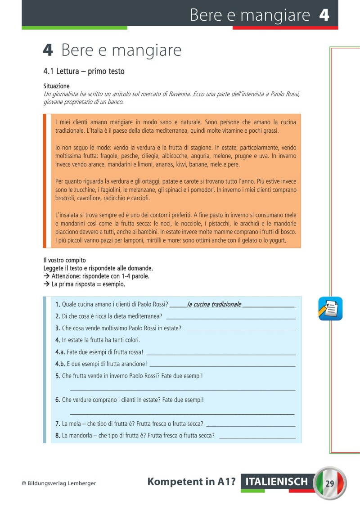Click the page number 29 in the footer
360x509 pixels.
(x=329, y=483)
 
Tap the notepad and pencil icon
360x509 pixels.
(x=330, y=309)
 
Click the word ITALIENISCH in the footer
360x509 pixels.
(x=277, y=482)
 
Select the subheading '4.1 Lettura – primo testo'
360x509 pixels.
(x=84, y=71)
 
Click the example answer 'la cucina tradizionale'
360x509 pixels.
(x=214, y=304)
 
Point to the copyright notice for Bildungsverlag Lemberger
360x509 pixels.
(x=58, y=483)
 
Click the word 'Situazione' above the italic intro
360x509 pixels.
(x=56, y=86)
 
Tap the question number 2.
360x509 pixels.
(x=58, y=316)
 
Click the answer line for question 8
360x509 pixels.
(x=256, y=437)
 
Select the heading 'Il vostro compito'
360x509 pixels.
(x=64, y=260)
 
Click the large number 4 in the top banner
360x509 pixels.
(x=324, y=15)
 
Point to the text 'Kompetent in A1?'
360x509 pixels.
(x=192, y=482)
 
